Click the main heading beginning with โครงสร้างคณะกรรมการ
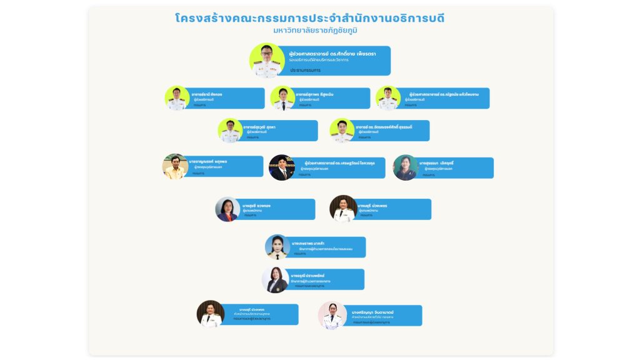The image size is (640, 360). [x=310, y=18]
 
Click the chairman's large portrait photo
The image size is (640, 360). [x=267, y=60]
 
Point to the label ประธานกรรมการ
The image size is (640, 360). [x=305, y=71]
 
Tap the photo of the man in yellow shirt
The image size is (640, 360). [x=176, y=167]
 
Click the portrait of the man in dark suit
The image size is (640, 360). [x=282, y=167]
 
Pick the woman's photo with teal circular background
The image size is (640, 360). [x=405, y=167]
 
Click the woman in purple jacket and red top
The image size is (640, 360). [x=227, y=209]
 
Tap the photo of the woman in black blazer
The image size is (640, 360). [x=275, y=280]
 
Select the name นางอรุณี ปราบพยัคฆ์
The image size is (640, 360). [x=307, y=276]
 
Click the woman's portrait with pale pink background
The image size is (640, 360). [x=332, y=315]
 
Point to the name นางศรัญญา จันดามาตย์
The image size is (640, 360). [x=371, y=311]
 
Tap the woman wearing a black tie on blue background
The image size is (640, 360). [x=277, y=247]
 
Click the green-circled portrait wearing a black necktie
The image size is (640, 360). [x=282, y=98]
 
